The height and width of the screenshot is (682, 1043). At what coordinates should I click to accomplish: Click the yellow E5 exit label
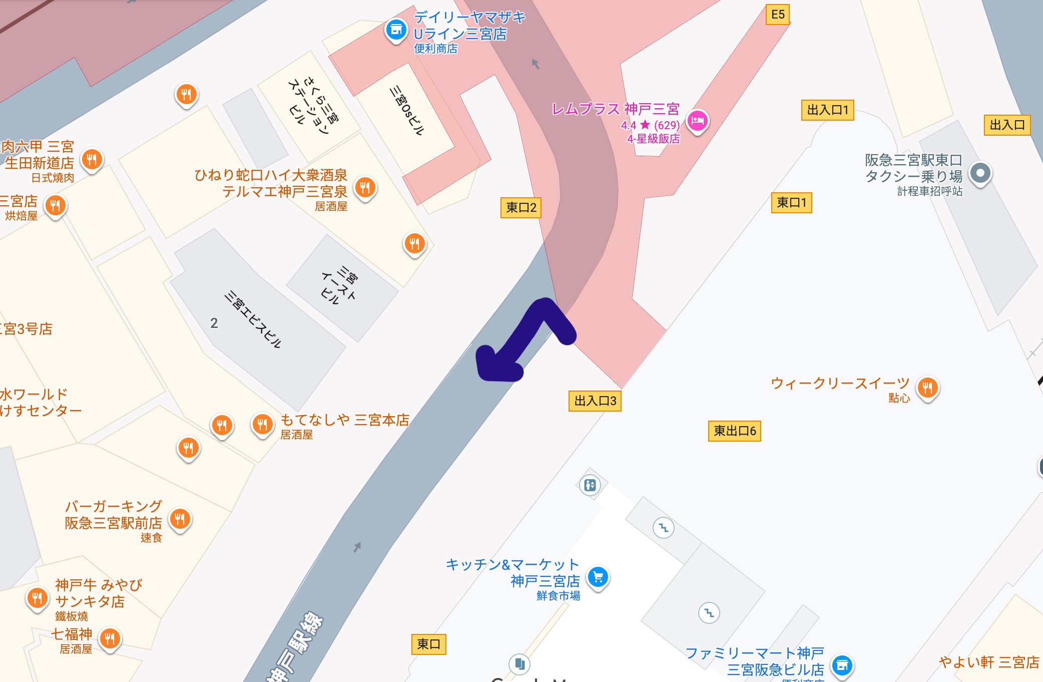tap(778, 15)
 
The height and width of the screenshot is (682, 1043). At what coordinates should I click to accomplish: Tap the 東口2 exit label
tap(520, 207)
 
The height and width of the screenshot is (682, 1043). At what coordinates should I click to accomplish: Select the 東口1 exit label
tap(791, 203)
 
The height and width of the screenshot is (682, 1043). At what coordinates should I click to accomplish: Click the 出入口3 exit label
tap(595, 401)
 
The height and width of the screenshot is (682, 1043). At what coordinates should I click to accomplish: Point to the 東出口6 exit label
tap(734, 431)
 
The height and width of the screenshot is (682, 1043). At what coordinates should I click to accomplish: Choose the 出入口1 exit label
tap(827, 110)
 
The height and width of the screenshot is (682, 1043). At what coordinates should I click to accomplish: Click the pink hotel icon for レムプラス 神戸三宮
tap(697, 121)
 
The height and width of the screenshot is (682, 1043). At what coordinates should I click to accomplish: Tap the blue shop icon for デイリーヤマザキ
tap(396, 29)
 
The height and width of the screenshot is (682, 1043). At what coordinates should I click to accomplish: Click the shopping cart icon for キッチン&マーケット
tap(598, 577)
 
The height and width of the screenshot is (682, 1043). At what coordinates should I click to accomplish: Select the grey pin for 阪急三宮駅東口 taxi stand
tap(980, 173)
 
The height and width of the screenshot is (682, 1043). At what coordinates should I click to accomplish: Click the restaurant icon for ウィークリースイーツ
tap(927, 387)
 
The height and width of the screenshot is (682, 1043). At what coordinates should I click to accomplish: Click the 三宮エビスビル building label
tap(253, 319)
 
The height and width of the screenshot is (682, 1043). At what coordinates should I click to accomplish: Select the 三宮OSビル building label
tap(407, 111)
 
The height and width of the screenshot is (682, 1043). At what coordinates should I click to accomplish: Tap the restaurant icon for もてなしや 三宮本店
tap(262, 425)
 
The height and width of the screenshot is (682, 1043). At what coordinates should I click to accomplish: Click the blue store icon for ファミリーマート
tap(842, 665)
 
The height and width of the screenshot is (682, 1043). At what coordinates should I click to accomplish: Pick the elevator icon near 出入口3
tap(590, 485)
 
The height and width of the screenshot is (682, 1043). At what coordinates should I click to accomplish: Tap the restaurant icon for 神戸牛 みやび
tap(37, 598)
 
